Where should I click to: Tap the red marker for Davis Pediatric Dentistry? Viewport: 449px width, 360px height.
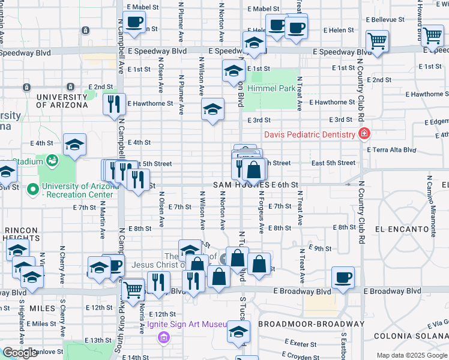tap(363, 134)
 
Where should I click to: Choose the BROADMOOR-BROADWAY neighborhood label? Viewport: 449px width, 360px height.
tap(311, 324)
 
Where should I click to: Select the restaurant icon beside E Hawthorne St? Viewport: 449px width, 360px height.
tap(114, 104)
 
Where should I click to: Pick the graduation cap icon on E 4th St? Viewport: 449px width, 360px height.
tap(74, 145)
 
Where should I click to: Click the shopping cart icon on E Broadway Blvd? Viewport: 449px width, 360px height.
tap(133, 289)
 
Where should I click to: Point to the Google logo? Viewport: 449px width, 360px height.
tap(20, 353)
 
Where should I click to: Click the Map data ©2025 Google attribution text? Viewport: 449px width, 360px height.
tap(412, 355)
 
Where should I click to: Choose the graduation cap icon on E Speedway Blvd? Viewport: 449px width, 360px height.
tap(254, 43)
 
